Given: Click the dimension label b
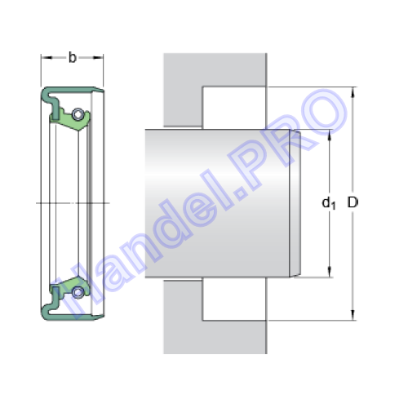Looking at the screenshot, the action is [x=72, y=58].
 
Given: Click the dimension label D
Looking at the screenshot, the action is [x=353, y=202].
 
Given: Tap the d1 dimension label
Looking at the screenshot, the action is [x=329, y=203].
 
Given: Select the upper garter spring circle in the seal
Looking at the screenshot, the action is [x=78, y=114].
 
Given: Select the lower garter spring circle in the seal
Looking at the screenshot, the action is [x=78, y=292].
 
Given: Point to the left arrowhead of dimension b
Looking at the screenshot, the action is [x=47, y=58].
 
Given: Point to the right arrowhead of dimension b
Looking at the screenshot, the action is [x=98, y=58].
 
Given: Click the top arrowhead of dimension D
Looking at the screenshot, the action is [x=353, y=92].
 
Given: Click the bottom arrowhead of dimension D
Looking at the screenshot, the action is [x=353, y=315].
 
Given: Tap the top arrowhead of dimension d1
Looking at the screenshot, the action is [x=330, y=135].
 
